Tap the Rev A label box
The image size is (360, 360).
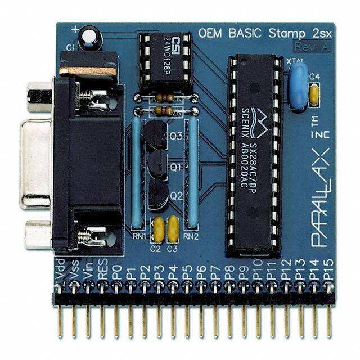pyautogui.click(x=312, y=47)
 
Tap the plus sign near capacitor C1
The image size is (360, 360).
pyautogui.click(x=75, y=28)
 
